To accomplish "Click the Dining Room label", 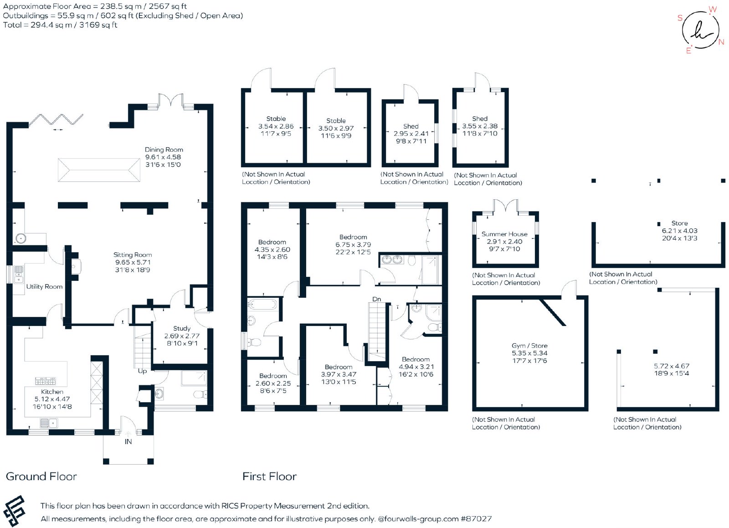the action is tap(164, 150).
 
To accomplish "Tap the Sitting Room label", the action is tap(133, 255).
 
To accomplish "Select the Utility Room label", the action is tap(44, 287).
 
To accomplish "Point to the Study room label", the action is tap(182, 328).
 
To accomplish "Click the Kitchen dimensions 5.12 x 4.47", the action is tap(52, 399).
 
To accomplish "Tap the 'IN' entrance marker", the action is tap(128, 442).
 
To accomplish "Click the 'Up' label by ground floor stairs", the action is tap(142, 371).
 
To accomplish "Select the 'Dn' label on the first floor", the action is tap(376, 299).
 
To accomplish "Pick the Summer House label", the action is tap(504, 234).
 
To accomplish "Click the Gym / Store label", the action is tap(529, 346).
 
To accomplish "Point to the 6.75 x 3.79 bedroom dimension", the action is tap(353, 244).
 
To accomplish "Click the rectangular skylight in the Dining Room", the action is tap(99, 170).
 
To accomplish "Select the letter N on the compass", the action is tap(721, 42).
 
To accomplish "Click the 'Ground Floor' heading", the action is tap(41, 476).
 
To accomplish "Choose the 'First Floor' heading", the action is tap(269, 476).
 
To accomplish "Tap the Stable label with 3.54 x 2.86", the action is tap(276, 119).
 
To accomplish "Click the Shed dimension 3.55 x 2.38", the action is tap(480, 126).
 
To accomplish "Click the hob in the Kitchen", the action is tap(45, 380).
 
